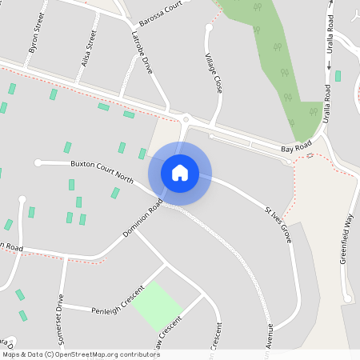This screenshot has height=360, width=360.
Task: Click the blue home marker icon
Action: pyautogui.click(x=180, y=173)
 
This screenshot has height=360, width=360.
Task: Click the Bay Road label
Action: pyautogui.click(x=296, y=149)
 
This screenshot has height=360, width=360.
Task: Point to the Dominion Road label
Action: pyautogui.click(x=144, y=218)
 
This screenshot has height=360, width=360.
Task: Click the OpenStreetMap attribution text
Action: pyautogui.click(x=81, y=354)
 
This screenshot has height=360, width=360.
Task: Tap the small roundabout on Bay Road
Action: pyautogui.click(x=186, y=118)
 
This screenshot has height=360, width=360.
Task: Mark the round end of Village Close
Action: pyautogui.click(x=210, y=28)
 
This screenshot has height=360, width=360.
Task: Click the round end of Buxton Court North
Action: pyautogui.click(x=38, y=162)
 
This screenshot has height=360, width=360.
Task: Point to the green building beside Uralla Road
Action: pyautogui.click(x=338, y=76)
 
